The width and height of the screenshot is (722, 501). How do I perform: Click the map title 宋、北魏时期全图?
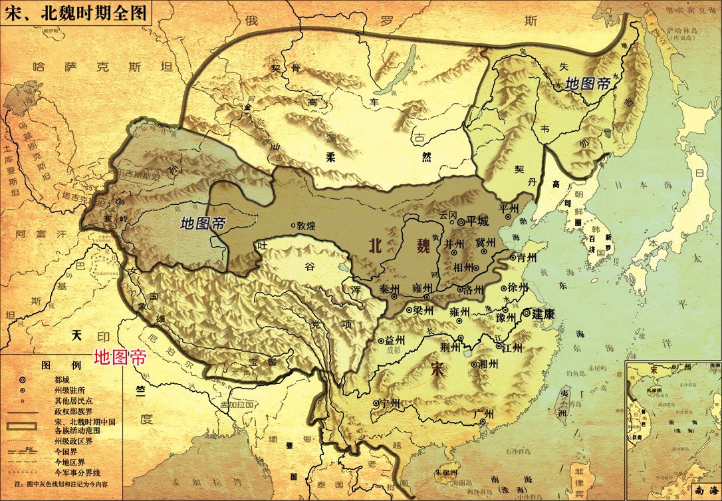point(75,12)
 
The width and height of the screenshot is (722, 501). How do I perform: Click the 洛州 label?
point(475,289)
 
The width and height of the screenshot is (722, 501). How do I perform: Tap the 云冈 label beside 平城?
point(448,214)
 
